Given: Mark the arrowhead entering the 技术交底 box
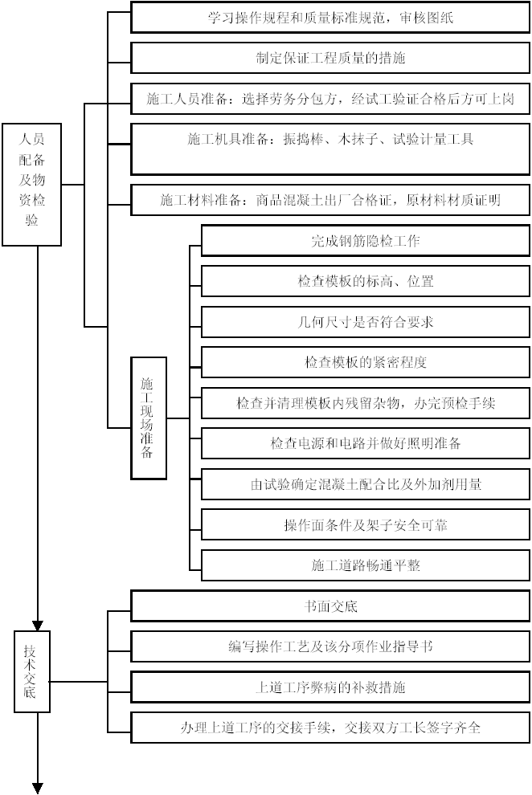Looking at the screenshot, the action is [38, 626].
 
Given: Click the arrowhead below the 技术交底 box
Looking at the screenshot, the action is [38, 789].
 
